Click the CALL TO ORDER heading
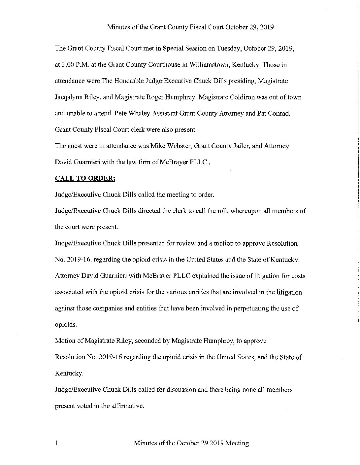[85, 178]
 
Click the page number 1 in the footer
[56, 443]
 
